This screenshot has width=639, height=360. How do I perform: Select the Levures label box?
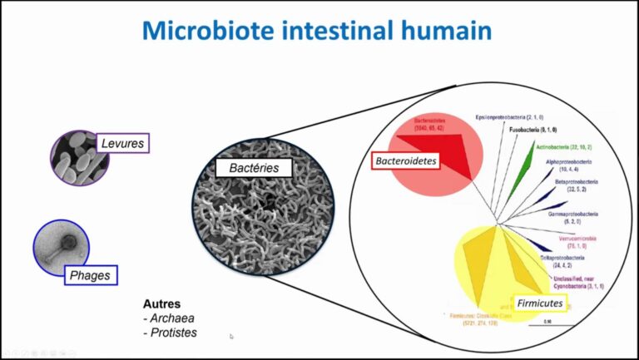click(x=122, y=144)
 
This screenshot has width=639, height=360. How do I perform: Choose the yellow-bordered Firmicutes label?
click(x=538, y=303)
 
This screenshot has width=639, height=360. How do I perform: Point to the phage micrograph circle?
click(x=60, y=247)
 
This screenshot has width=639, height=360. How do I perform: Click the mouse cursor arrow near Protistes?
click(x=231, y=337)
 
